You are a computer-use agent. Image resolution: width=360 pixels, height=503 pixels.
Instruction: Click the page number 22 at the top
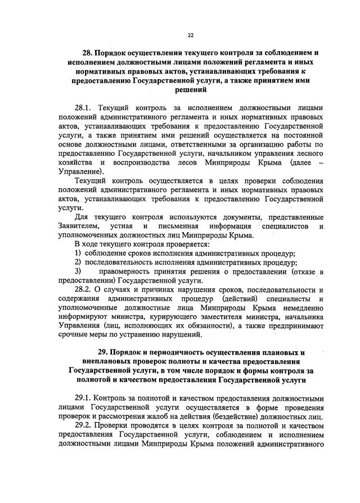(191, 35)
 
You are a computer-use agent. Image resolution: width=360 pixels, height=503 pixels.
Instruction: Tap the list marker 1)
(79, 253)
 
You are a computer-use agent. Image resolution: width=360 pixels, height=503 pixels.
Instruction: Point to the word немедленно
(304, 308)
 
